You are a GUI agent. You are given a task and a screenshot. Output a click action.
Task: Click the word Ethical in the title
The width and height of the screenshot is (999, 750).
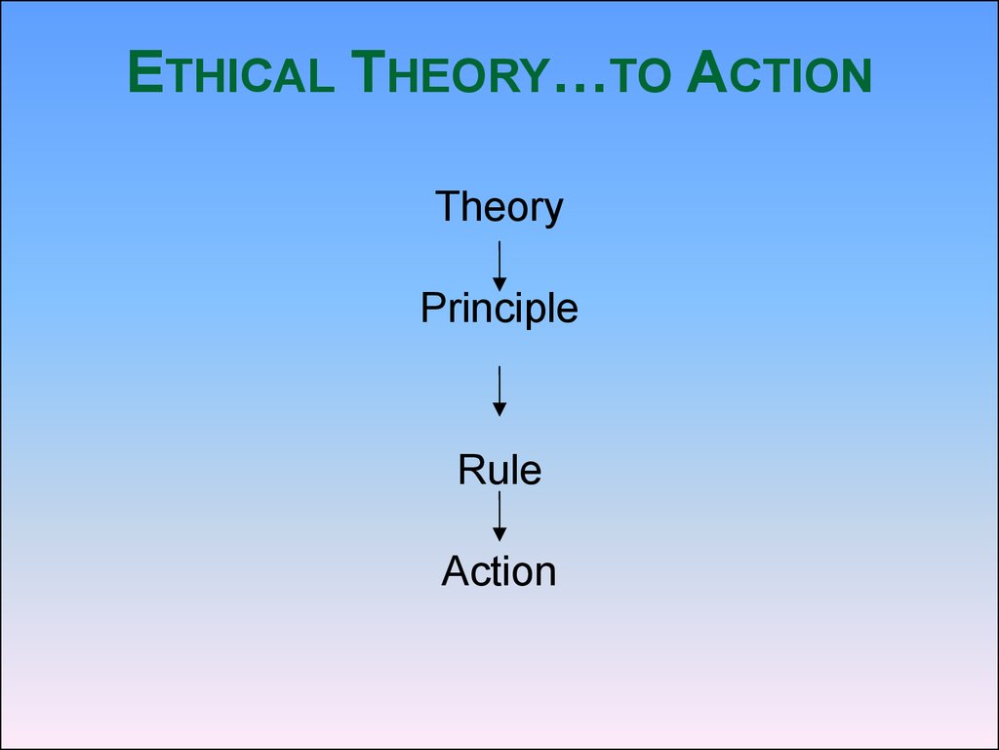click(x=230, y=71)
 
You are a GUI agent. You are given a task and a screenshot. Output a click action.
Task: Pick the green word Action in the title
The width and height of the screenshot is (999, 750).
click(x=779, y=71)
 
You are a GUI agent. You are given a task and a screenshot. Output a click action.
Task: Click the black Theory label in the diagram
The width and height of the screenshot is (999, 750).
click(x=499, y=207)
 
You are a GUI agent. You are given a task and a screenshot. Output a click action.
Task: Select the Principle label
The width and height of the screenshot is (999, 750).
click(x=499, y=310)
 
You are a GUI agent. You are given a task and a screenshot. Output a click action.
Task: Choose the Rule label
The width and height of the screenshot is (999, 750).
click(x=499, y=470)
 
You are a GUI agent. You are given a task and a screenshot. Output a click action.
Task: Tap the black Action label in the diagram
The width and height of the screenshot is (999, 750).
click(x=499, y=570)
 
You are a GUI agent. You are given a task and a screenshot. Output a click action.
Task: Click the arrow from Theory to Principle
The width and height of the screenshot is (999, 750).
click(x=499, y=266)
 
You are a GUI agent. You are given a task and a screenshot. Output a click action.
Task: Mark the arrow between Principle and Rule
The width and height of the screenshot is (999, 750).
click(x=499, y=391)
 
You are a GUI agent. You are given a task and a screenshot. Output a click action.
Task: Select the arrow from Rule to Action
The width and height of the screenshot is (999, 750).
click(x=499, y=517)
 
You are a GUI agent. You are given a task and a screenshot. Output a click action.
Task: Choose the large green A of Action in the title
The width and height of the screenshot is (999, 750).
click(x=708, y=71)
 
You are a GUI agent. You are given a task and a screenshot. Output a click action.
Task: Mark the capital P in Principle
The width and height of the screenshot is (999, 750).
click(x=433, y=308)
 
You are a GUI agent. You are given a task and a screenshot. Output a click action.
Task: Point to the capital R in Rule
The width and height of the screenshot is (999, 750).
click(x=471, y=470)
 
